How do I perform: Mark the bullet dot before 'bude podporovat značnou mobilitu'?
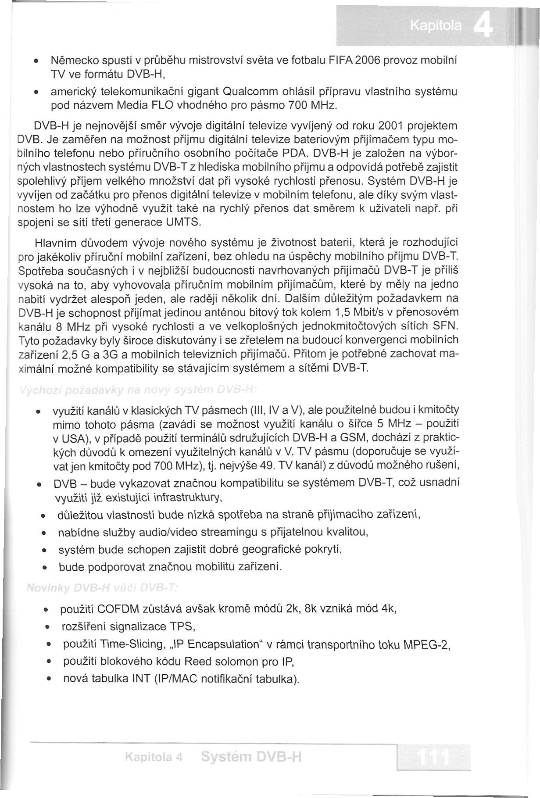coord(45,568)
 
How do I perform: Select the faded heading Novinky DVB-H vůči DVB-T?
coord(101,587)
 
